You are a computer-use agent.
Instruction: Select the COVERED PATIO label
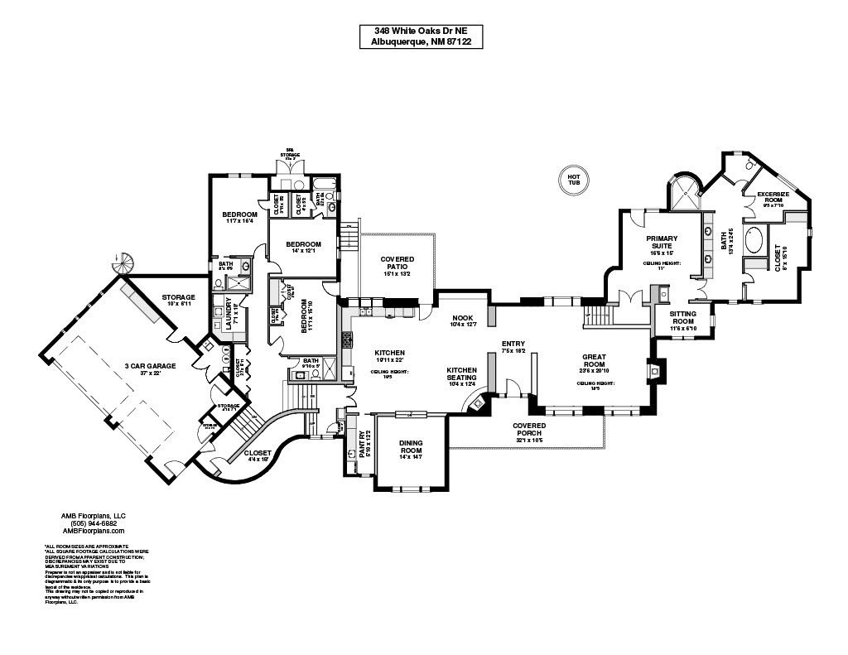(397, 263)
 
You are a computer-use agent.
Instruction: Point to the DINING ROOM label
(411, 446)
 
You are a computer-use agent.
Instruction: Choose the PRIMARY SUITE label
(662, 242)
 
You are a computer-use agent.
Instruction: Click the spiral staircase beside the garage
(123, 264)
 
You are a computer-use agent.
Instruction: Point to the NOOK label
(462, 318)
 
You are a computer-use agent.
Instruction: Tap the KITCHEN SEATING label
(462, 373)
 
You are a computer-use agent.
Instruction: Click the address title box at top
(422, 36)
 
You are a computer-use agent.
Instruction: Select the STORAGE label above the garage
(178, 297)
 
